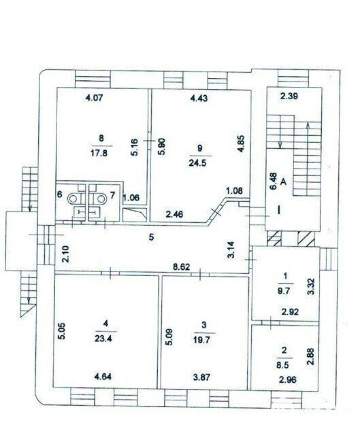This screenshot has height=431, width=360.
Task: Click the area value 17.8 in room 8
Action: pos(99,153)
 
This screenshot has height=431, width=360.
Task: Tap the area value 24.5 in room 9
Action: pos(197,163)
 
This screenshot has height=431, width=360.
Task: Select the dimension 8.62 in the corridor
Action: pos(180,266)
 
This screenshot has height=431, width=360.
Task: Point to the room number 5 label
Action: pos(151,237)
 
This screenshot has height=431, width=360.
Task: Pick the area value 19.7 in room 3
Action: pos(203,341)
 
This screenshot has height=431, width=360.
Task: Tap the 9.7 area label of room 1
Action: pos(284,292)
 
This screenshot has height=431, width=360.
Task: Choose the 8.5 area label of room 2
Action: pos(284,366)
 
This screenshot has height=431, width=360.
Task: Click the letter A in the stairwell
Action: pos(283,182)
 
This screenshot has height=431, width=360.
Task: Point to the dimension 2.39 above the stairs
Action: pos(289,97)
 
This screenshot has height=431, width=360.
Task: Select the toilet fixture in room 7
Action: pos(98,199)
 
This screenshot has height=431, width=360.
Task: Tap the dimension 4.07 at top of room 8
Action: pos(94,98)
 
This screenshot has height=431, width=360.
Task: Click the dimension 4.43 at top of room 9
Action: pos(199,98)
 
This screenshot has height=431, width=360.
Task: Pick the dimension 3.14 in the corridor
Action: pos(232,249)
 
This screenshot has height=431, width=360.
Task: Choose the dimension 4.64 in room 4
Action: pos(103,376)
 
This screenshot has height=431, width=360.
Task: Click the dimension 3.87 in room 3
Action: pos(203,376)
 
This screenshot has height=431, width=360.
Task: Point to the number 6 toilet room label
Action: pos(59,194)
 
